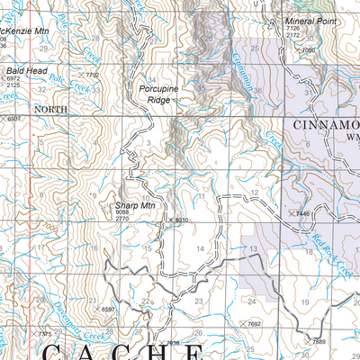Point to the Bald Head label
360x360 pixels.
[22, 69]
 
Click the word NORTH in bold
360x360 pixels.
[49, 108]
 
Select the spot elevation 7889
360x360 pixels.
[318, 342]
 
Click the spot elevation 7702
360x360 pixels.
[91, 75]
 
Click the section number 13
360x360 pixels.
[254, 248]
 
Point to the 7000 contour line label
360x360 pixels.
[309, 50]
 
